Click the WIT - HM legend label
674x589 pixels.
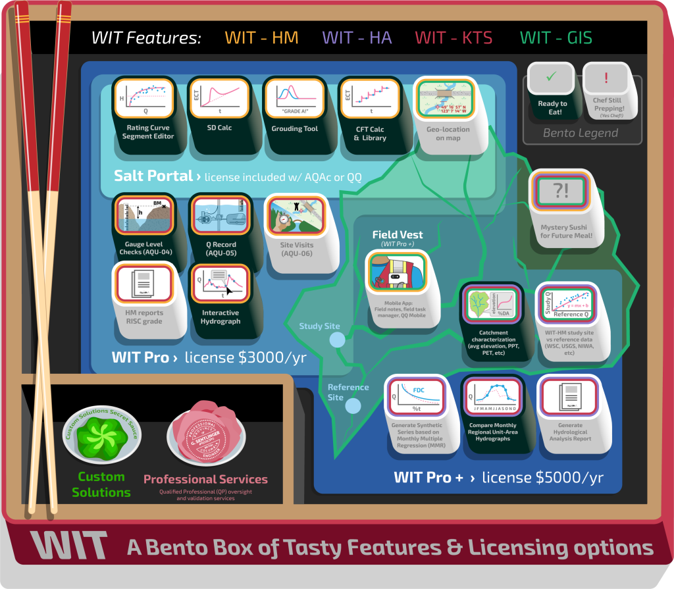(x=261, y=38)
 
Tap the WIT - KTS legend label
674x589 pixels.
(x=454, y=38)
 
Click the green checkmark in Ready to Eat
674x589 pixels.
(x=552, y=78)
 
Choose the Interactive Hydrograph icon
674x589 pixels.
(x=220, y=284)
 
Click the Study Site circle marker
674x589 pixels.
(x=337, y=340)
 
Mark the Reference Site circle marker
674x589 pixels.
(x=353, y=405)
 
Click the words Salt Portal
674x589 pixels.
(x=152, y=176)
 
